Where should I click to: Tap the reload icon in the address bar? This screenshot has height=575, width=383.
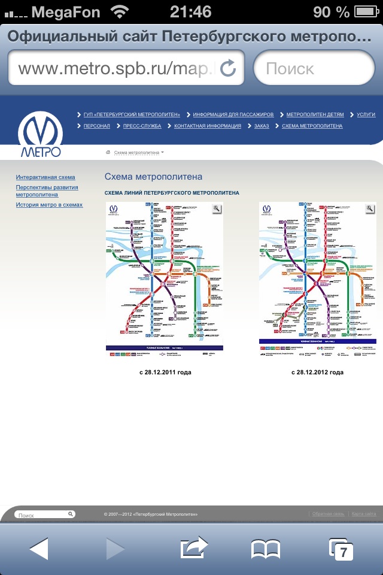(x=228, y=68)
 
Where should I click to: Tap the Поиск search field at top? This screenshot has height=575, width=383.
(x=314, y=68)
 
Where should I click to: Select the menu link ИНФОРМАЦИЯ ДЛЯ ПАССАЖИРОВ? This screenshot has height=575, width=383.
(x=233, y=114)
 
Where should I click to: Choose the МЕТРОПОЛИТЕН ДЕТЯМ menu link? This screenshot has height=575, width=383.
(x=315, y=114)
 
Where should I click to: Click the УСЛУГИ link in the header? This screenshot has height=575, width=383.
(x=366, y=114)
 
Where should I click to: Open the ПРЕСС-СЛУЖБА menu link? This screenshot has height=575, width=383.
(x=142, y=126)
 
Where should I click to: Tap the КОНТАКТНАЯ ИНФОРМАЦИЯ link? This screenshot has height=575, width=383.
(x=207, y=126)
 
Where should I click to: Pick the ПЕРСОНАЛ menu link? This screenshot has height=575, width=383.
(x=96, y=126)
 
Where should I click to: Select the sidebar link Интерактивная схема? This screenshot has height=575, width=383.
(x=45, y=178)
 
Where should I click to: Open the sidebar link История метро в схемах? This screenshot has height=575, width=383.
(x=49, y=205)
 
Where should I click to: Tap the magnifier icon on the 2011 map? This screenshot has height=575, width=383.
(x=217, y=208)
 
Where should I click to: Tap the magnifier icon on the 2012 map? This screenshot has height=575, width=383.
(x=370, y=208)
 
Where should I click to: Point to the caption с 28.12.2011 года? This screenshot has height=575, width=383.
(x=165, y=373)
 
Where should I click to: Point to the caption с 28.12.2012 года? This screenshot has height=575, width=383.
(x=318, y=373)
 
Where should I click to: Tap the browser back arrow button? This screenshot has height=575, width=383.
(x=39, y=549)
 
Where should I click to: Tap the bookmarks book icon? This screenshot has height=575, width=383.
(x=266, y=549)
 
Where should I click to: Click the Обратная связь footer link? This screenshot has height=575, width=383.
(x=328, y=515)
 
